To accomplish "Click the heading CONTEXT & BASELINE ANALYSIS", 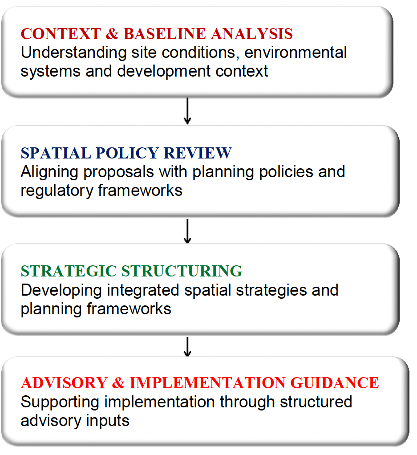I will pos(157,34).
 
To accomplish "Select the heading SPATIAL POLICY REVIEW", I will pos(126,153).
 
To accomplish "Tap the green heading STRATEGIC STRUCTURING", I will pos(131,271).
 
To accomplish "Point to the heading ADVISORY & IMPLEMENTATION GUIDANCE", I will pos(200,382).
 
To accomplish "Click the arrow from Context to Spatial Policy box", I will pos(187,111).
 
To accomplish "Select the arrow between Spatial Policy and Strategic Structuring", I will pos(187,231).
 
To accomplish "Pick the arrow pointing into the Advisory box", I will pos(187,346).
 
